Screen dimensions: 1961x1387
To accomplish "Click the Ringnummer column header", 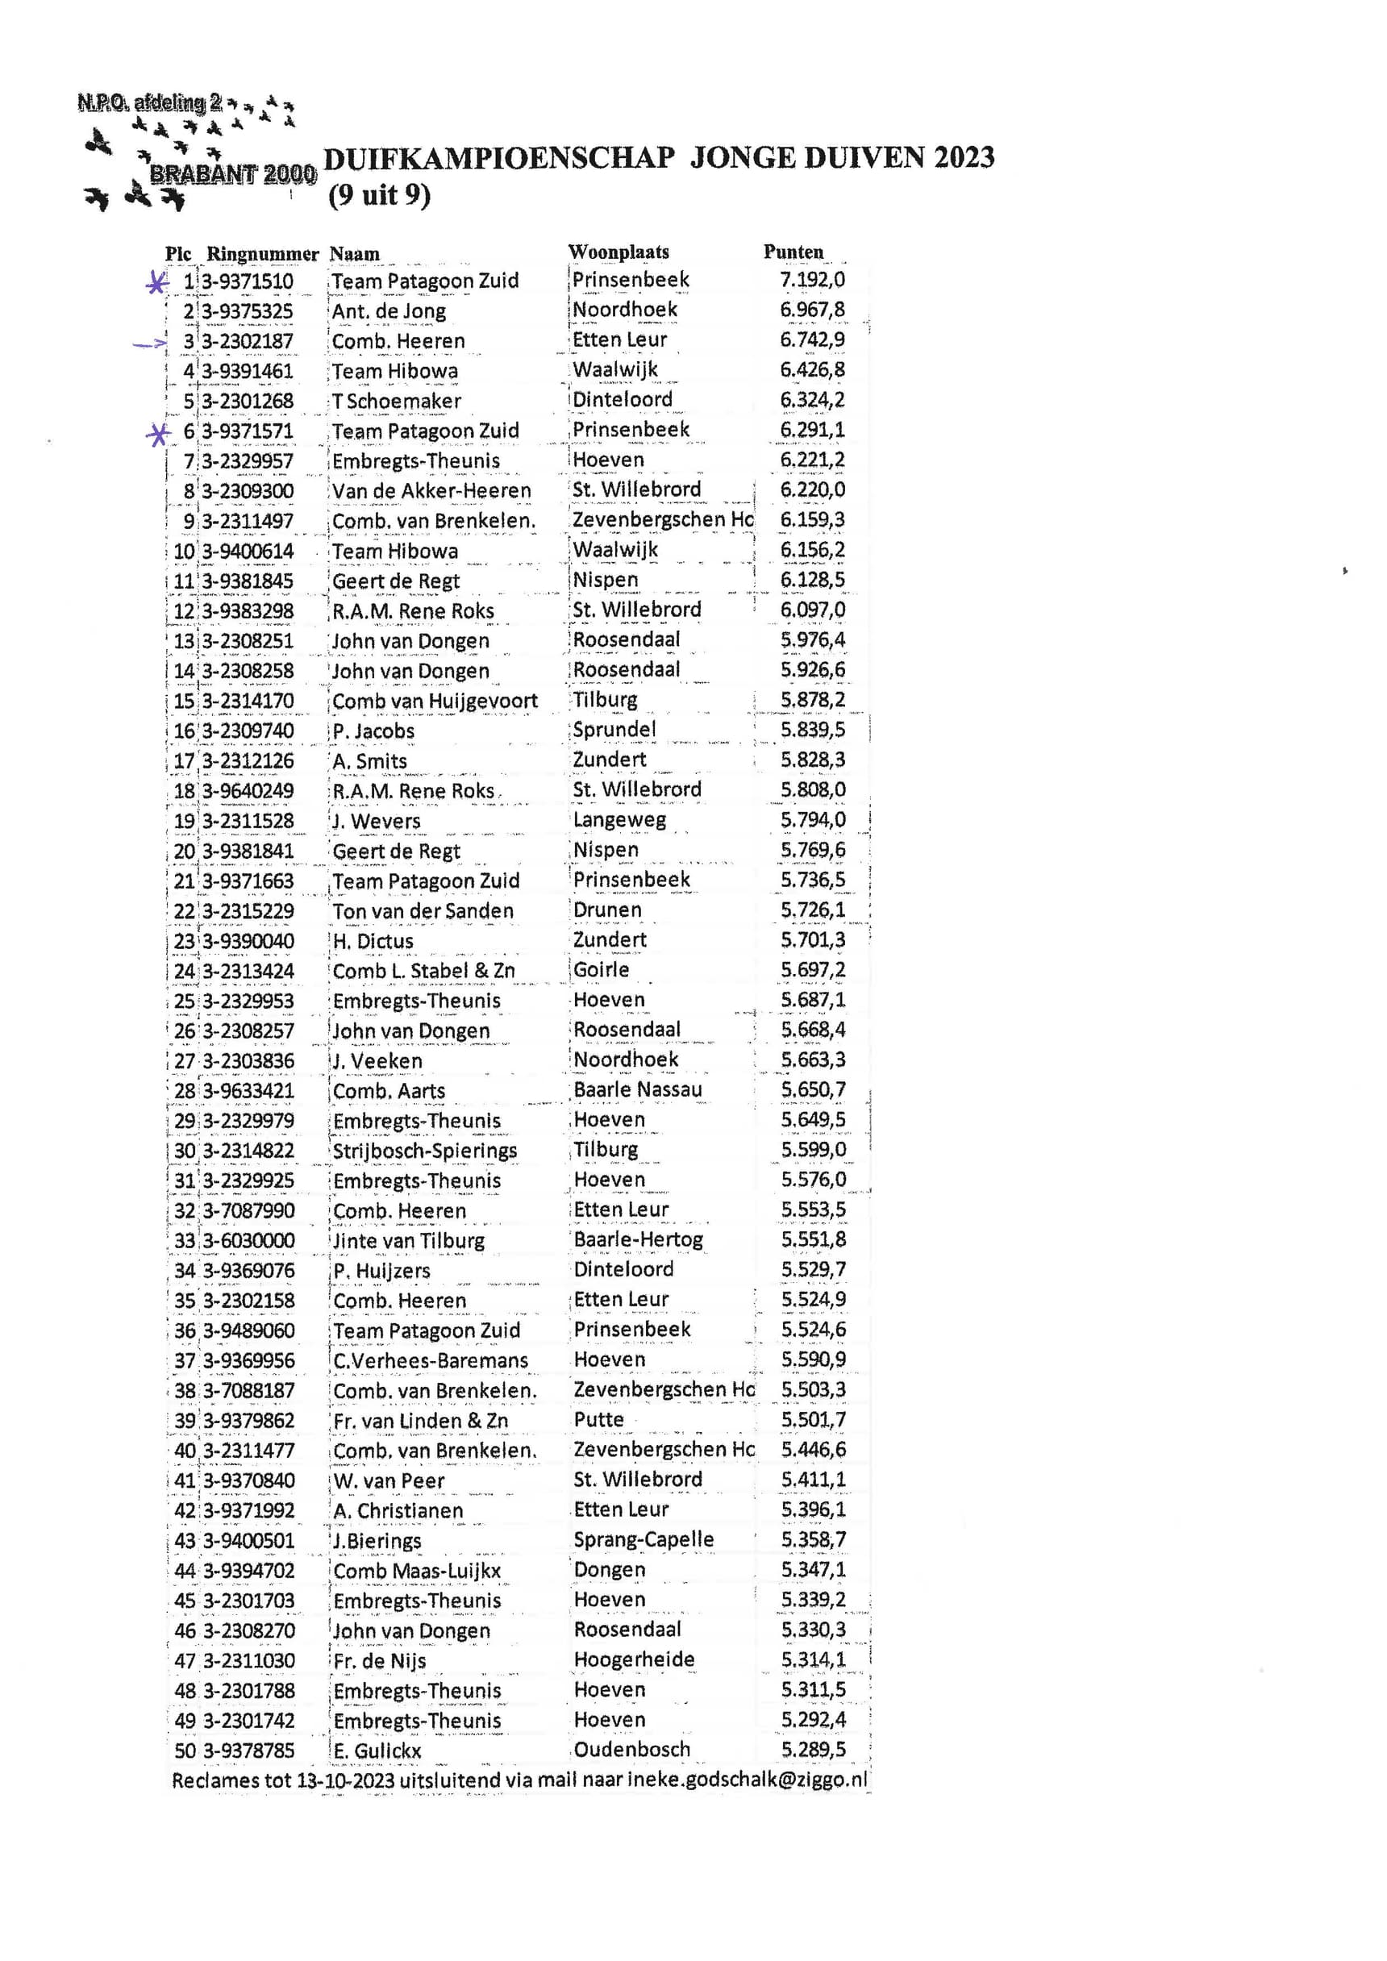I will tap(261, 254).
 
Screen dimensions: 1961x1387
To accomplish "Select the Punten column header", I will tap(793, 252).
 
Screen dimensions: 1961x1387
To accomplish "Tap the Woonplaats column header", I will tap(619, 252).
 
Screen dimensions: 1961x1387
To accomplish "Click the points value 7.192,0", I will tap(811, 280).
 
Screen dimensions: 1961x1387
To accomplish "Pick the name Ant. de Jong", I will tap(389, 311).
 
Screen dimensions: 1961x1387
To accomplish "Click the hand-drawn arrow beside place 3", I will tap(150, 344).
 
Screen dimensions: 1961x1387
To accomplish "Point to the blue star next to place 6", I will tap(157, 435).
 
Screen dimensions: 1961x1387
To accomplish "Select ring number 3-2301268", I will tap(248, 402).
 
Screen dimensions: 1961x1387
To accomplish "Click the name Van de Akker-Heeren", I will tap(431, 491).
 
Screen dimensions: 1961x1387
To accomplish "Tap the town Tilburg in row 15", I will tap(605, 701).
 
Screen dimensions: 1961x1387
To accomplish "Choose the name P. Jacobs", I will tap(373, 732).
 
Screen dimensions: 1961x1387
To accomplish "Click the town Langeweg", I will tap(619, 821).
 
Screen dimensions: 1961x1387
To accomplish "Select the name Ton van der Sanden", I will tap(423, 911).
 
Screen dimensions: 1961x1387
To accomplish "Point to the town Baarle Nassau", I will tap(637, 1090).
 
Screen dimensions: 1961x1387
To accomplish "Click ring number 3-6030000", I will tap(248, 1240).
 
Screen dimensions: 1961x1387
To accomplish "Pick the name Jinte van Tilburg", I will tap(408, 1241).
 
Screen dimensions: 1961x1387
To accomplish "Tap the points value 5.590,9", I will tap(813, 1359).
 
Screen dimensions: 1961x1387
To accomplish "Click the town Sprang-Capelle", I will tap(644, 1540).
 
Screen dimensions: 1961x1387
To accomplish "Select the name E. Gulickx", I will tap(377, 1751).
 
